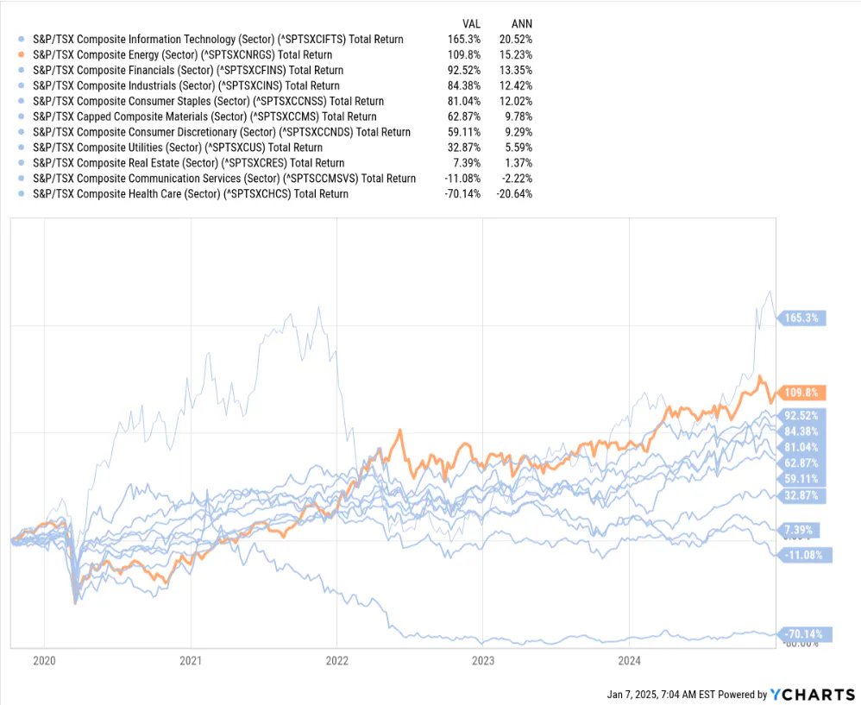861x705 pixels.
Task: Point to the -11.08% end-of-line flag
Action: (x=803, y=554)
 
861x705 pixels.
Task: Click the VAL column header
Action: (x=470, y=23)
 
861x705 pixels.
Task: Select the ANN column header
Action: (x=521, y=23)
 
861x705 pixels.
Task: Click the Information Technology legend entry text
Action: (x=217, y=39)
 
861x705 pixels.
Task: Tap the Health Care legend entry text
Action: (x=190, y=194)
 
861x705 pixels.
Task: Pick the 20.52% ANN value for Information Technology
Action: (x=516, y=39)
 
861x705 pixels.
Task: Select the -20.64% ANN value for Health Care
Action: (x=514, y=194)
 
